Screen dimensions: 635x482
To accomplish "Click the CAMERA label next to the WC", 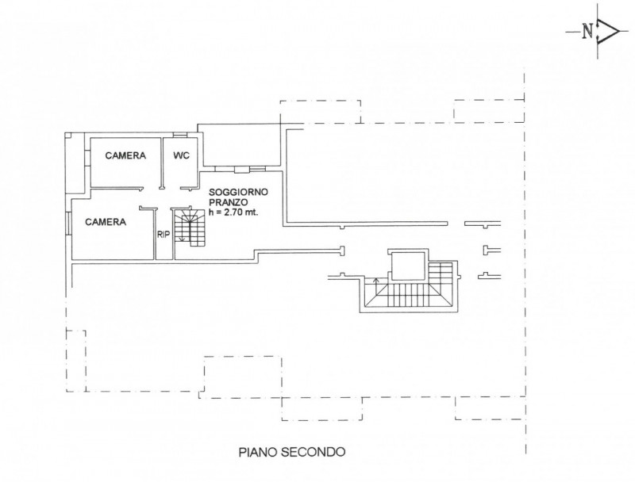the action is coord(125,155).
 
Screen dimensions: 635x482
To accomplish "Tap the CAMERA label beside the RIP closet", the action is coord(106,222).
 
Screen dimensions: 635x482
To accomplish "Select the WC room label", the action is coord(181,155).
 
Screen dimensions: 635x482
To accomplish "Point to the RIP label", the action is coord(164,235).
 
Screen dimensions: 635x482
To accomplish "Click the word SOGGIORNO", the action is coord(238,192).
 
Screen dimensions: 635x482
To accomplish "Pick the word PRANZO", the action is coord(228,202).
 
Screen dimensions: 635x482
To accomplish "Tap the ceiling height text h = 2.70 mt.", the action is coord(233,212).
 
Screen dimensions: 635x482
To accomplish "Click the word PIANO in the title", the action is coord(257,452).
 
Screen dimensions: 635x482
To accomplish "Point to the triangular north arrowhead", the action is coord(609,31).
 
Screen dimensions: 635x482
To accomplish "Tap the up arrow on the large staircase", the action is coord(375,286).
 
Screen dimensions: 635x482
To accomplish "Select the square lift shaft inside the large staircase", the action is coord(407,266).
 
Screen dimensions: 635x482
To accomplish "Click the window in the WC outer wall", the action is coord(181,135).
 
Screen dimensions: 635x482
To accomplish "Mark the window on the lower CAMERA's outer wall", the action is coord(69,223).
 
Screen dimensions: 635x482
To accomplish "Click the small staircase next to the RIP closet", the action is coord(190,228).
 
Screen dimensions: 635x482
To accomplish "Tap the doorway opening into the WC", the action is coord(173,188).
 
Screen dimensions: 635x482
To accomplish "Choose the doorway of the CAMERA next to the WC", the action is coord(151,188).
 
